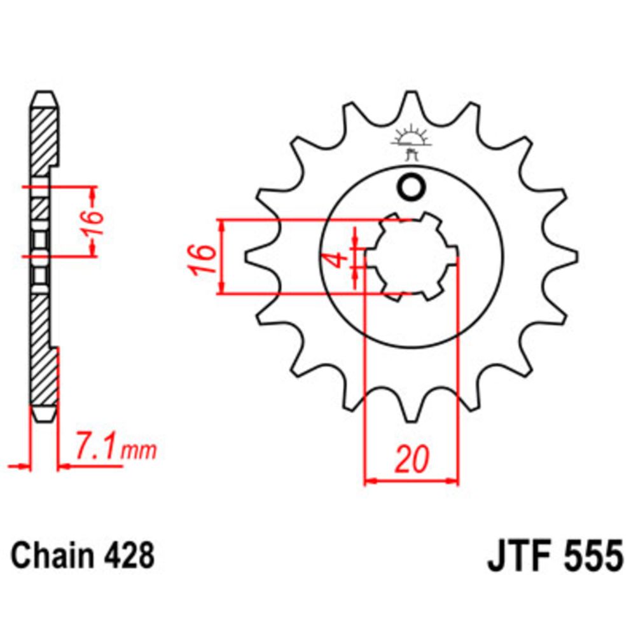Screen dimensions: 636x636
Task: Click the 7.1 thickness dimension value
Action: [x=96, y=448]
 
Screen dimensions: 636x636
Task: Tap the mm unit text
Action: [x=138, y=452]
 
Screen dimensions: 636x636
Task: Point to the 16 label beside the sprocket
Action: [x=203, y=258]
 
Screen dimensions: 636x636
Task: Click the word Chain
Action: [x=47, y=555]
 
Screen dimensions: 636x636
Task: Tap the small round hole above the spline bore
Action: [x=410, y=187]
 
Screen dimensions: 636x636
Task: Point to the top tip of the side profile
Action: [x=45, y=96]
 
